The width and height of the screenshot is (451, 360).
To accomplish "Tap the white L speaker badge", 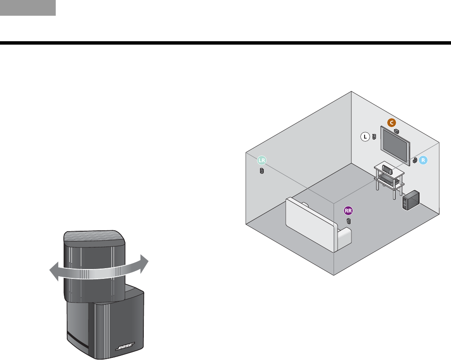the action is coord(365,137).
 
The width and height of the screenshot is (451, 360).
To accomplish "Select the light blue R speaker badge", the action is coord(423,160).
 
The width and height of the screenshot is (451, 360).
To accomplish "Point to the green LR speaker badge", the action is coord(262,161).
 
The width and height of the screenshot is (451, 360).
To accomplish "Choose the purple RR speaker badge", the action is coord(349,210).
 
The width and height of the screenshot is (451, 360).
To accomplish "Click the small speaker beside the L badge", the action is coord(374,137).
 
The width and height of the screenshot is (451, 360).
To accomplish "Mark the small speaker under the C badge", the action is coord(397,131).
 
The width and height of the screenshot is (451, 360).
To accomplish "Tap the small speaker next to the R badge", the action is coord(415,161).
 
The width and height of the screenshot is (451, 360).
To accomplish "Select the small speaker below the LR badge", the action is coord(262,171).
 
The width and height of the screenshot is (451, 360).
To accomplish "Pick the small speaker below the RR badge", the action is coord(349,221).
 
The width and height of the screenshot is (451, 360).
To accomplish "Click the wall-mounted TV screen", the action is coord(395,145).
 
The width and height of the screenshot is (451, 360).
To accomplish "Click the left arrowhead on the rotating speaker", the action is coord(53,270).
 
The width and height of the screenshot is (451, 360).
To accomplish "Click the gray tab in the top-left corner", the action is coord(28,8).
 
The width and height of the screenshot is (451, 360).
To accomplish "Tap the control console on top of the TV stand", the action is coord(388,169).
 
